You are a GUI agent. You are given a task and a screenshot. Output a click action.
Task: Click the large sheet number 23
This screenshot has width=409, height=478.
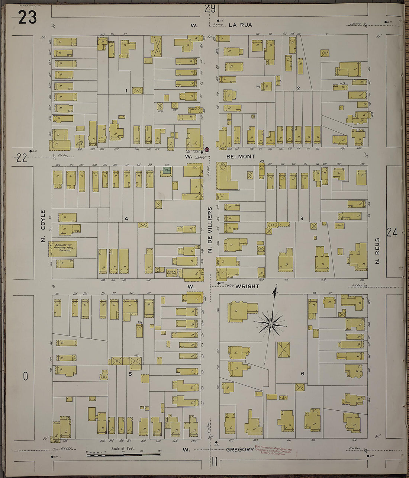click(28, 17)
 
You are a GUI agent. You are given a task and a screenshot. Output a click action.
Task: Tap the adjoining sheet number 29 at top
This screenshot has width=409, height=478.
click(210, 9)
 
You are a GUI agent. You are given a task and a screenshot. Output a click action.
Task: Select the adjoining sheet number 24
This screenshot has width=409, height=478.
click(392, 232)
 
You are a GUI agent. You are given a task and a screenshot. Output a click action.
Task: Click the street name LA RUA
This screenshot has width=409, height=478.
click(240, 25)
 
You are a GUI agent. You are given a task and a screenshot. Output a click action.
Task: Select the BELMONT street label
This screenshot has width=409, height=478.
click(241, 157)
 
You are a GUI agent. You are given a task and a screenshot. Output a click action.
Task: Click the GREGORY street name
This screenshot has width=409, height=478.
click(240, 450)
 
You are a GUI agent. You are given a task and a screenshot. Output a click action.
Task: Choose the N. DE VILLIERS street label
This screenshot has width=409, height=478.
click(210, 231)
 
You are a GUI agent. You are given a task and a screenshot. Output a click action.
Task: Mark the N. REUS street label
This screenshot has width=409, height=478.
click(377, 251)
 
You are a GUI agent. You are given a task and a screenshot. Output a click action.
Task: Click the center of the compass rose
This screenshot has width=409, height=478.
click(271, 324)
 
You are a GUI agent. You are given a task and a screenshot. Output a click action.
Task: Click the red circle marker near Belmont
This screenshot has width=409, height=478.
click(207, 150)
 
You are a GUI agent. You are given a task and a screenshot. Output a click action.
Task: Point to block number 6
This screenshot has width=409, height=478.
click(303, 373)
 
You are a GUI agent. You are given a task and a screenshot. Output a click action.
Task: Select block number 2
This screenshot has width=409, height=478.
click(298, 88)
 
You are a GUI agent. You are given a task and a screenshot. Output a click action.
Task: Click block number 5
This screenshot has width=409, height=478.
click(130, 374)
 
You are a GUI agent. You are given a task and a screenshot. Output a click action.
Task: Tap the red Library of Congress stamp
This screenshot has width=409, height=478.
click(273, 451)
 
